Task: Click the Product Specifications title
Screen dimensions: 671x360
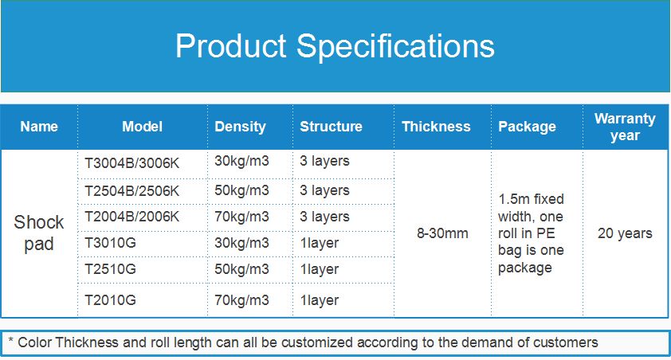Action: (335, 46)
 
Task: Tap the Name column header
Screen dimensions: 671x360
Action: (39, 127)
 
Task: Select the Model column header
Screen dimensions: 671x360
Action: (142, 127)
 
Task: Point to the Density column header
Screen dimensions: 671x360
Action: (240, 127)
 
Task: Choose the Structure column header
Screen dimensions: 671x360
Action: (331, 127)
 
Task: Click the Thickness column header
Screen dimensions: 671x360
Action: (436, 127)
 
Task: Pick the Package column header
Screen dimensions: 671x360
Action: (528, 127)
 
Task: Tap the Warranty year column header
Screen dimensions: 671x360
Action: (625, 127)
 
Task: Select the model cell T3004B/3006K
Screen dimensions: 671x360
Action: (131, 163)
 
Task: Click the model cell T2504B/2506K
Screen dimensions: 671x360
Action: (131, 190)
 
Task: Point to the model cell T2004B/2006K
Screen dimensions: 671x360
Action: (131, 217)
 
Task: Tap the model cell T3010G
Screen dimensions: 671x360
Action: (110, 243)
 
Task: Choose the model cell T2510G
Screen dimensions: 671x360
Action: (110, 269)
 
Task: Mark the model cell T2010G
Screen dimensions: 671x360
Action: (110, 300)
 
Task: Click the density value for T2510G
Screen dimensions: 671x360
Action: (241, 269)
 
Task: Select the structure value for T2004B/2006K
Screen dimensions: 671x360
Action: (324, 217)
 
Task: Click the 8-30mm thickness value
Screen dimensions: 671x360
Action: (442, 233)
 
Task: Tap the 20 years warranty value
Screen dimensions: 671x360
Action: (625, 233)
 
